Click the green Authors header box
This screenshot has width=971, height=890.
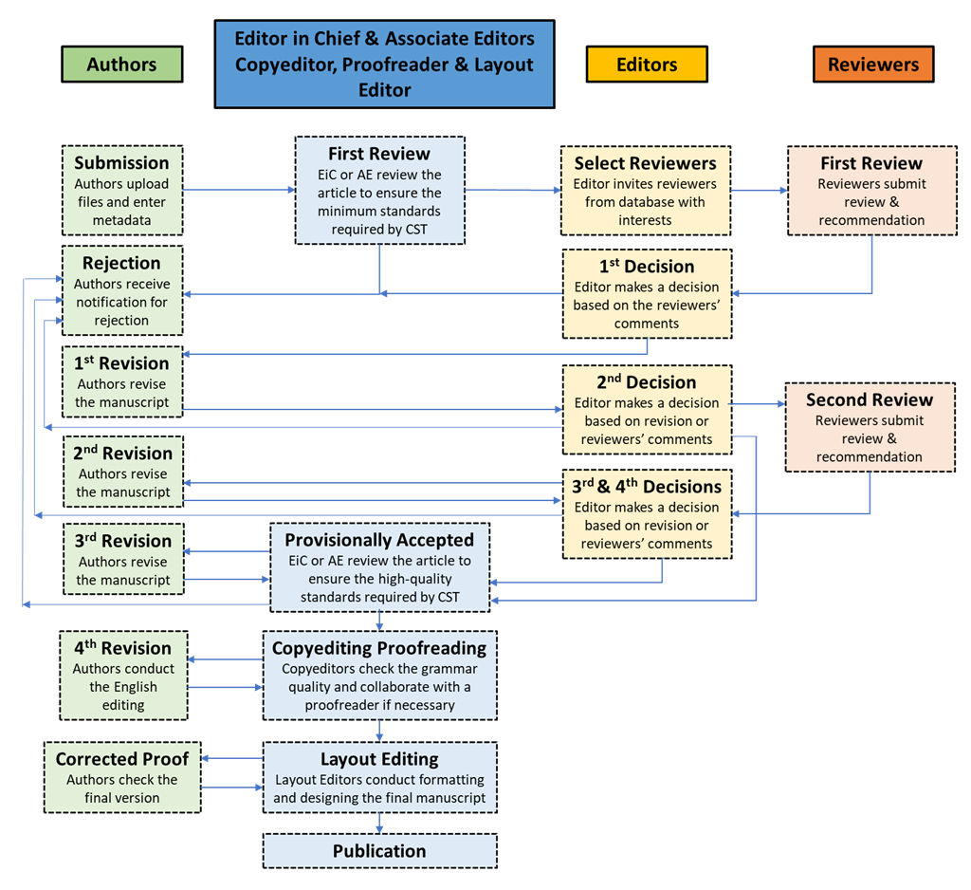121,65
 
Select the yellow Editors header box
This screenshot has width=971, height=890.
647,65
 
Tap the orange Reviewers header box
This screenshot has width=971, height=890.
872,65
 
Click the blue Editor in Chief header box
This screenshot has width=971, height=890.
384,65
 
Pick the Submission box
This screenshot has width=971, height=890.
122,191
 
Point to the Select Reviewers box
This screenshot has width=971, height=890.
645,191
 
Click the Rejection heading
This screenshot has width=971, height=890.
121,263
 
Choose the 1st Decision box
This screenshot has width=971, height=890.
647,294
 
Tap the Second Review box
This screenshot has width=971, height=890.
870,427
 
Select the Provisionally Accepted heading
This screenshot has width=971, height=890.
379,540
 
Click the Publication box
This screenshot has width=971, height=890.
379,851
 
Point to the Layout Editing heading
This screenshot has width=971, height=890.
379,759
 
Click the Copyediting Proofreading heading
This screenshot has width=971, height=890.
379,648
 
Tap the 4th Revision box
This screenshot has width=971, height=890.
123,676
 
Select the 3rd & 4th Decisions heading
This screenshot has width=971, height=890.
647,487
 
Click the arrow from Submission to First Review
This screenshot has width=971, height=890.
239,190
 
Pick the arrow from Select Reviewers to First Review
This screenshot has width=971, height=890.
759,191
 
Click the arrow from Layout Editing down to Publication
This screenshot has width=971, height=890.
379,823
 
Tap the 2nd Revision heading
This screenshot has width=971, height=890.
123,453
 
